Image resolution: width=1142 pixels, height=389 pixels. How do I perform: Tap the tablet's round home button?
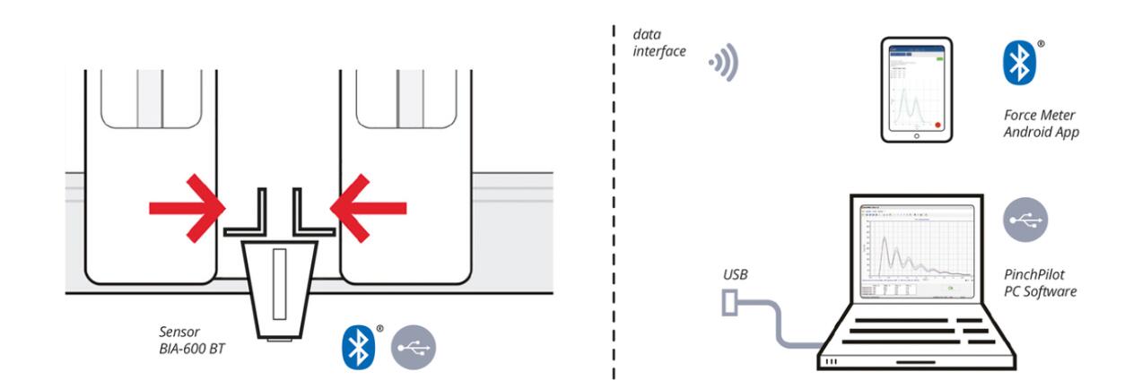click(916, 136)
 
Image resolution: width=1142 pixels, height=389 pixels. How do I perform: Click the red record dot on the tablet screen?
click(937, 125)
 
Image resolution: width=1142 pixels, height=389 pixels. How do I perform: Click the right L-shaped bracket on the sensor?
click(309, 215)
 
